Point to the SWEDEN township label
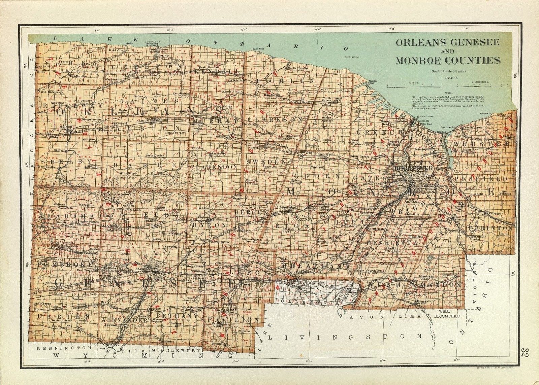tap(266, 162)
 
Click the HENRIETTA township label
tap(388, 242)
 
